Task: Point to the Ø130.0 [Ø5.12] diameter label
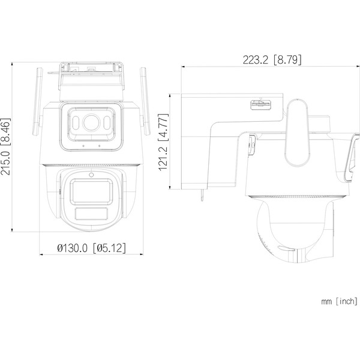pyautogui.click(x=91, y=247)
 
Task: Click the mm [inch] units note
pyautogui.click(x=339, y=301)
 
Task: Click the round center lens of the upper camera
pyautogui.click(x=91, y=123)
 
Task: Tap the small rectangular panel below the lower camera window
pyautogui.click(x=91, y=215)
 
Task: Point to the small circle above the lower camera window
pyautogui.click(x=91, y=175)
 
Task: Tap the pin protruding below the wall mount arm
pyautogui.click(x=202, y=195)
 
